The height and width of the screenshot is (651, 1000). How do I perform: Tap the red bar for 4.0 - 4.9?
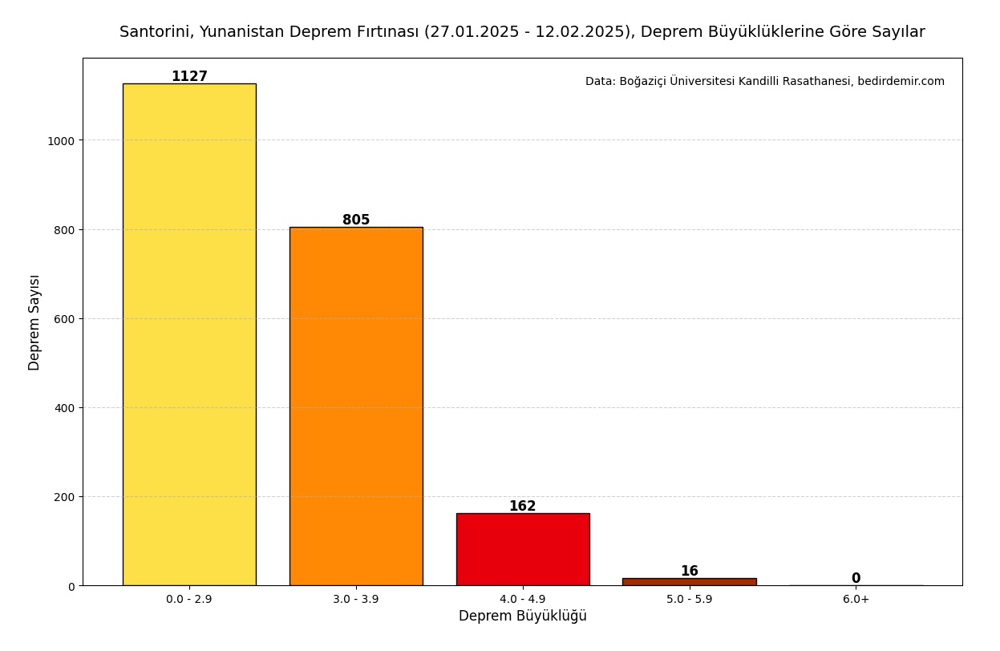coord(523,549)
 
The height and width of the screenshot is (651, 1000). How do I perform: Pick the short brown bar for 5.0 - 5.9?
coord(689,581)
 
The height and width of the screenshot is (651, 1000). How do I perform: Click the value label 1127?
coord(189,77)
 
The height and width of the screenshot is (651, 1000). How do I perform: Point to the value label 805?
coord(356,220)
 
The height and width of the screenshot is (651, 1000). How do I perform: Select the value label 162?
coord(523,507)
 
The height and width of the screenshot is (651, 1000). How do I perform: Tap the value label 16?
coord(689,572)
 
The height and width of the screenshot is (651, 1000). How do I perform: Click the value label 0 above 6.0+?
coord(856,579)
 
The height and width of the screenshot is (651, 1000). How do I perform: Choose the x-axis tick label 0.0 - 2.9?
coord(189,600)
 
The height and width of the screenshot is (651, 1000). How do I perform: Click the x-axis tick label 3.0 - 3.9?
coord(356,600)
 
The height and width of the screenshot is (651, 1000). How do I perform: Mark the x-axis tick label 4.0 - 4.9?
coord(523,600)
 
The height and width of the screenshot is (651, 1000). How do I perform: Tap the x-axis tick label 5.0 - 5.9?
coord(689,600)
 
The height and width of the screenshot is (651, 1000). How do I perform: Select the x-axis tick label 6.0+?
coord(856,600)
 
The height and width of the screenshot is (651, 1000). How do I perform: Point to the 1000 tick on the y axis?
coord(61,141)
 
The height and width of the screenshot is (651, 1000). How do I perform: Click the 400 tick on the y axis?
coord(64,408)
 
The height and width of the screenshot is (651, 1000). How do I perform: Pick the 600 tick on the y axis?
coord(64,319)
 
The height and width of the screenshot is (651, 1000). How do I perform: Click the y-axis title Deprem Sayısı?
coord(34,322)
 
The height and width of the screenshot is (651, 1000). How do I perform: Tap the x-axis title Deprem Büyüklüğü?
coord(523,617)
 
